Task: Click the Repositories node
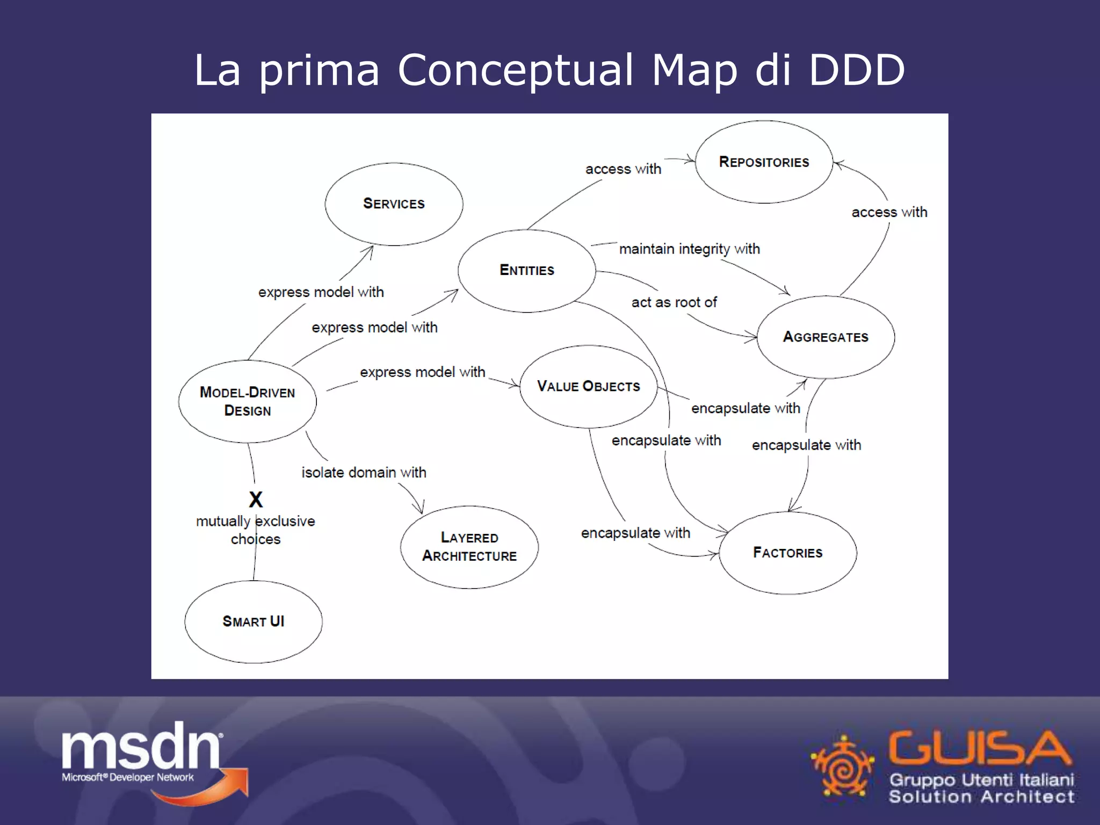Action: click(764, 162)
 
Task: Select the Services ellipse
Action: click(394, 204)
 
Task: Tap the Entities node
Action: click(526, 270)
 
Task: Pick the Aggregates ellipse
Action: click(826, 337)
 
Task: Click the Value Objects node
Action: click(588, 386)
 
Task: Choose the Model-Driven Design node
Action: click(247, 401)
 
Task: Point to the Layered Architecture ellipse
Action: click(469, 547)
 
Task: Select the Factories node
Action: click(787, 553)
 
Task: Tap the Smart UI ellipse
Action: click(253, 621)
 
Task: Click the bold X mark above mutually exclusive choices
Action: click(256, 500)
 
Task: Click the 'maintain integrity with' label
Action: click(689, 249)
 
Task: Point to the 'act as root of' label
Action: click(674, 302)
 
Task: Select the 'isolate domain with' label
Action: click(364, 473)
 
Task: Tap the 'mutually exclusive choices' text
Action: click(256, 530)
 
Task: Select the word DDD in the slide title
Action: click(857, 70)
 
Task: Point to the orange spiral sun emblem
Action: click(842, 765)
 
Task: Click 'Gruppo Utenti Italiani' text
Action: click(981, 779)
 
